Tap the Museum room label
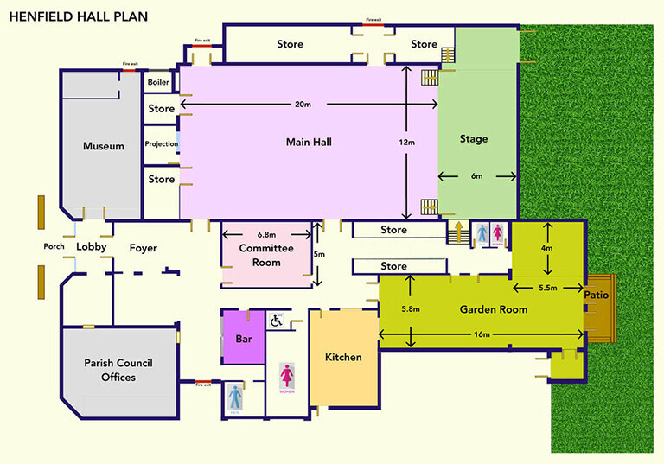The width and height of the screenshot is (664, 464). click(103, 146)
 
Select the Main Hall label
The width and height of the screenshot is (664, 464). click(310, 142)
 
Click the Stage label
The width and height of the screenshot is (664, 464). click(474, 139)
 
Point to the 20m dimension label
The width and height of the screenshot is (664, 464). click(302, 104)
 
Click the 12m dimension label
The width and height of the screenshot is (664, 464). click(406, 142)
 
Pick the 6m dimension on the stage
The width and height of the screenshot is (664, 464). click(476, 176)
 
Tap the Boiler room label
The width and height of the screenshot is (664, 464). click(158, 83)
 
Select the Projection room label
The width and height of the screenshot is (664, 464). click(162, 143)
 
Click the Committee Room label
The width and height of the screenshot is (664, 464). click(266, 255)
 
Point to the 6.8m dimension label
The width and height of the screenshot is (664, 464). click(266, 234)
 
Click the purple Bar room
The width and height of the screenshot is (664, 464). click(244, 338)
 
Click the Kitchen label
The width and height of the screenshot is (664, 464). click(342, 357)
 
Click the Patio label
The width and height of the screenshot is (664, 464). click(597, 295)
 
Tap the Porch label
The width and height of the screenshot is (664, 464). click(54, 247)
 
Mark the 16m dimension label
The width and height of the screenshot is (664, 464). click(481, 334)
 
